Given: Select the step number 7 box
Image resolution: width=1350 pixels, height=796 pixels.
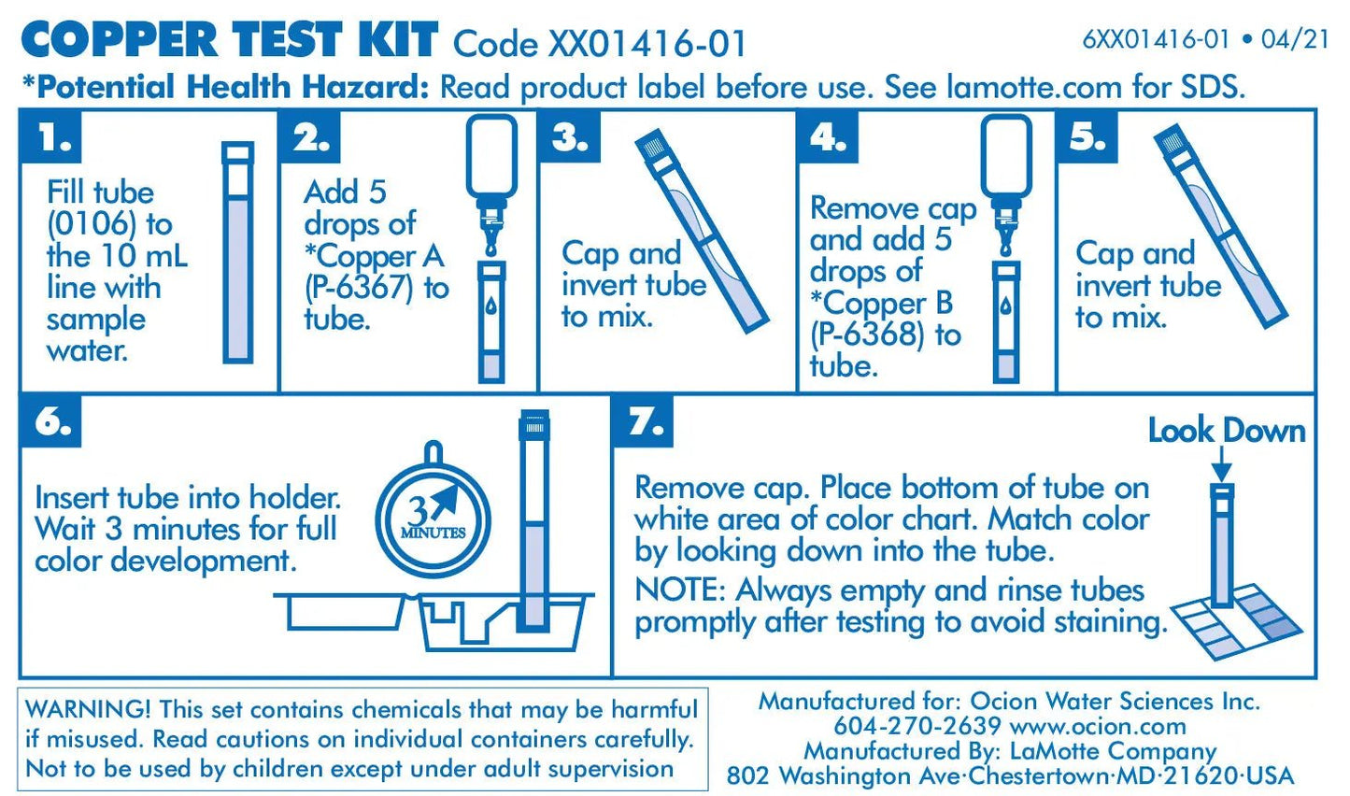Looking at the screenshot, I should [x=645, y=421].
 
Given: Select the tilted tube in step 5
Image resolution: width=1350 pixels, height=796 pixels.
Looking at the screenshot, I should [x=1219, y=229].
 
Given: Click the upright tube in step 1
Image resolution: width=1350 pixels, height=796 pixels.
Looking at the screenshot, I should [x=237, y=252].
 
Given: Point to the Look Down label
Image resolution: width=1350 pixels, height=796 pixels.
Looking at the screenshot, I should [x=1226, y=431].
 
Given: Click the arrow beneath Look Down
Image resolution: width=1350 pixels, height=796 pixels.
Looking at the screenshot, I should [x=1221, y=464].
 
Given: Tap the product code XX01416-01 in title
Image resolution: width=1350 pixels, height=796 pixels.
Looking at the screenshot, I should [x=647, y=44].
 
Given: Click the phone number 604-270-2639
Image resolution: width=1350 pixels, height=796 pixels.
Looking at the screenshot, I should [x=917, y=726].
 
